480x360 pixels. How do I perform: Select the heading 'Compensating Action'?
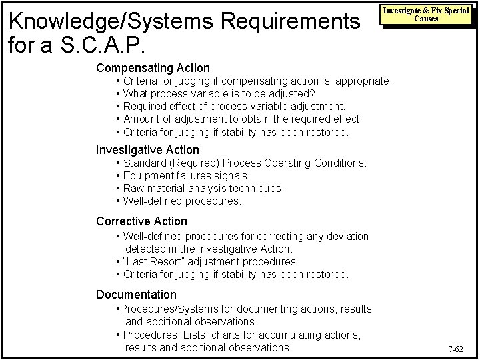153,68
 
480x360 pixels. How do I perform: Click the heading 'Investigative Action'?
147,150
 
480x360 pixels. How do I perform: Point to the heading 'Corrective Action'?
141,221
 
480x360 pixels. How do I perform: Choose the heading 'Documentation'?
136,295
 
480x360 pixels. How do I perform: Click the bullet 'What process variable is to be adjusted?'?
219,93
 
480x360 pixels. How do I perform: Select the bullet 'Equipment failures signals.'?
187,175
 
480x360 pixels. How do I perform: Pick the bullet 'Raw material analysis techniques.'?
203,188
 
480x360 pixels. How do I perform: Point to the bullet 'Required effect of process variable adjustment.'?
234,106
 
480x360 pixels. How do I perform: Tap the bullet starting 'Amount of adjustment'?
243,119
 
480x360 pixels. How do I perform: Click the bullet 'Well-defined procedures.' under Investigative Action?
182,201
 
